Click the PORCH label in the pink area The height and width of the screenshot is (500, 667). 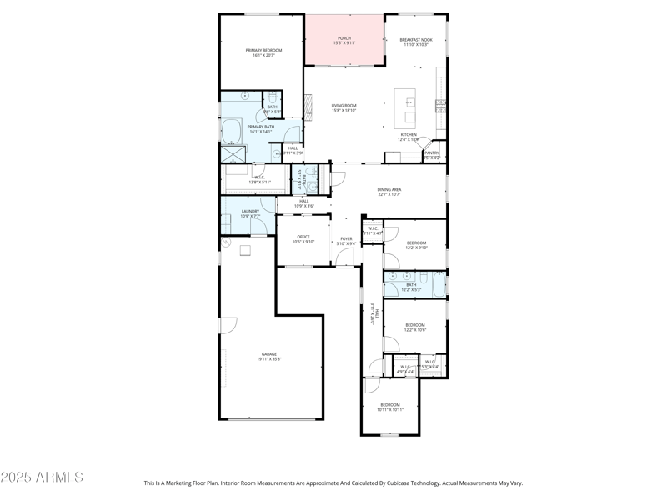coord(344,38)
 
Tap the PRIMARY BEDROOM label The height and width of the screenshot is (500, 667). coord(263,51)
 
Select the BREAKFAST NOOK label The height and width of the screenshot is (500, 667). coord(415,40)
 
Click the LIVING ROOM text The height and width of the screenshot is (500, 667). coord(344,106)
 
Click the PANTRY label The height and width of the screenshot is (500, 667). coord(432,152)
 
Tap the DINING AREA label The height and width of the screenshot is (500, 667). coord(389,189)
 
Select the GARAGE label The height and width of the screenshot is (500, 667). coord(269,354)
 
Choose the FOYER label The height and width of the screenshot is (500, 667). coord(345,239)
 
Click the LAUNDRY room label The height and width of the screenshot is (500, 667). coord(250,211)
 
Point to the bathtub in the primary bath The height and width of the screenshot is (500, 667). coord(231,132)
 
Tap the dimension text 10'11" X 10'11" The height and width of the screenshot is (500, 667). coord(389,410)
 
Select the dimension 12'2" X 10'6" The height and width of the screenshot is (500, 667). coord(415,330)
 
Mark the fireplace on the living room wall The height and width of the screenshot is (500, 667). coord(306,106)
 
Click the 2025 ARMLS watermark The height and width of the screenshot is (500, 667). coord(42,477)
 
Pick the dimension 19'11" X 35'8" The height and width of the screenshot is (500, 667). coord(269,359)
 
